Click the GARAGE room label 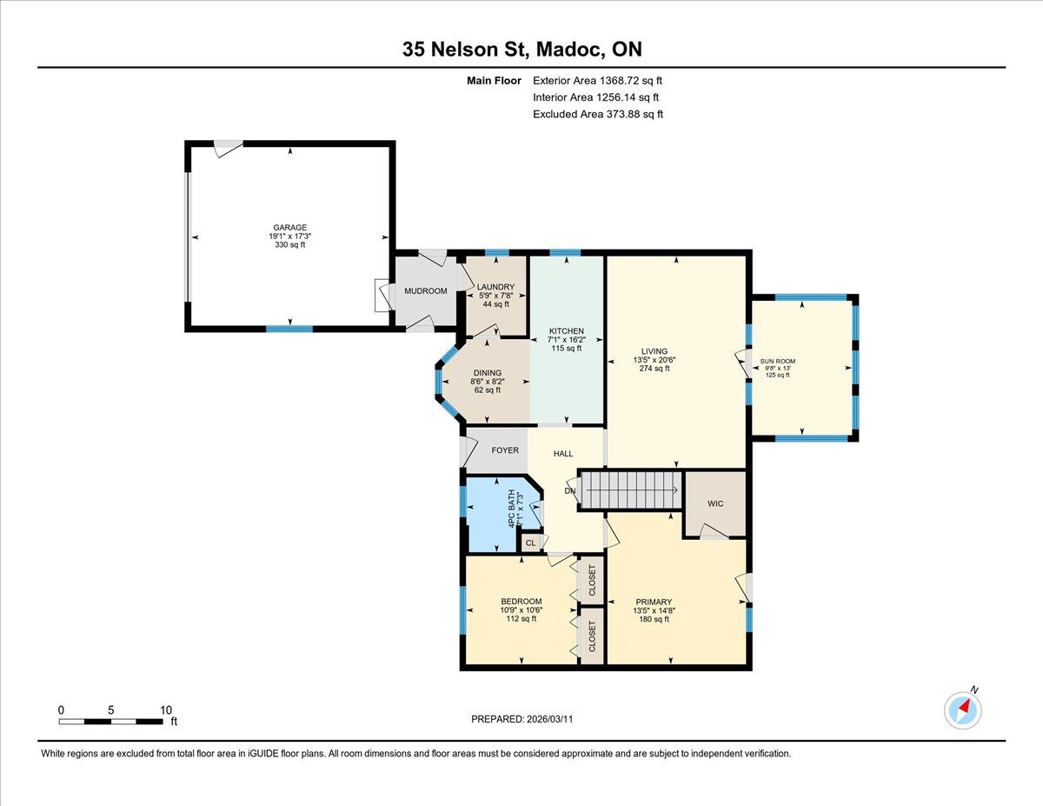(290, 228)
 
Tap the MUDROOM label (426, 291)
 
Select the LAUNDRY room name (495, 287)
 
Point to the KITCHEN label (567, 331)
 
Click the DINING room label (488, 373)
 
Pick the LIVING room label (654, 351)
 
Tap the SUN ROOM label (778, 362)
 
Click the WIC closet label (715, 503)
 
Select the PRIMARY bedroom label (654, 602)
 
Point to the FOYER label (505, 450)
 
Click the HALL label (563, 454)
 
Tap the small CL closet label (530, 543)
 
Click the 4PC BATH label (512, 509)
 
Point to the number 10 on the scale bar (166, 710)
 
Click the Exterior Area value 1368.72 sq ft (631, 81)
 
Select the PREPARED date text (522, 719)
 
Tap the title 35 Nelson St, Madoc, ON (521, 49)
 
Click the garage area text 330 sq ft (290, 245)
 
